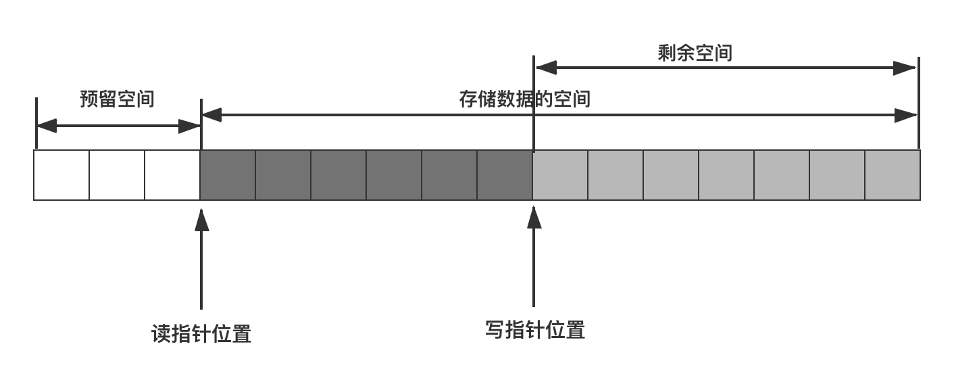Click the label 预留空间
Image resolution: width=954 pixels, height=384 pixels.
[x=117, y=99]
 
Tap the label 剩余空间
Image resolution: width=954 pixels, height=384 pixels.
[x=695, y=53]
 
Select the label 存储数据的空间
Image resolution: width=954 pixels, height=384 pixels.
[x=525, y=99]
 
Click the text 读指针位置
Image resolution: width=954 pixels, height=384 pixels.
[x=201, y=334]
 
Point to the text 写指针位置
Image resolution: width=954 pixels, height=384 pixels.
[x=535, y=330]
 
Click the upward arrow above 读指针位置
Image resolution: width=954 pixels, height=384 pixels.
[x=201, y=259]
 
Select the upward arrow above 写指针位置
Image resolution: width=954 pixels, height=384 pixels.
[x=534, y=256]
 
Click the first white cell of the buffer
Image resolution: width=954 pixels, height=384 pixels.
[x=61, y=174]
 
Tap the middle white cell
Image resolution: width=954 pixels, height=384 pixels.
[x=117, y=174]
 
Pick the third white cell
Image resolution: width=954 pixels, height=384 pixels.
[x=172, y=174]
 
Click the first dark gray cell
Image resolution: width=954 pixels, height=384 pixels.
[x=228, y=174]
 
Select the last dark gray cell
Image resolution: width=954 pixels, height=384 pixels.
[x=505, y=174]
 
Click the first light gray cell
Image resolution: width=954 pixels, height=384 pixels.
[x=560, y=174]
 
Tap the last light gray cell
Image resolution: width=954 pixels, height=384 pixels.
[x=893, y=174]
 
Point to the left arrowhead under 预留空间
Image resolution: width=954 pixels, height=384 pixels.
[x=47, y=126]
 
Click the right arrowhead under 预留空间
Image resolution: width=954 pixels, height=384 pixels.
[x=189, y=126]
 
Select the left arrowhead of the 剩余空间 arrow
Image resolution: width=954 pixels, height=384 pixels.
[x=547, y=68]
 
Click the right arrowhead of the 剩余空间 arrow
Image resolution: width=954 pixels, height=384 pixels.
[x=904, y=68]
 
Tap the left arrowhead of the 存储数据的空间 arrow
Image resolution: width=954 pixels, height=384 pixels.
[x=212, y=115]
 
